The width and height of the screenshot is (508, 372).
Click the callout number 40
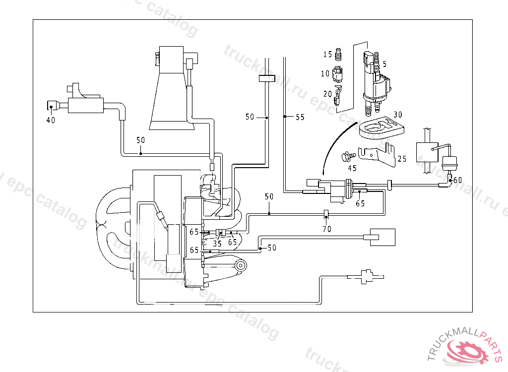pyautogui.click(x=51, y=120)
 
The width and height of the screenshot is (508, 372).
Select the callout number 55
pyautogui.click(x=300, y=117)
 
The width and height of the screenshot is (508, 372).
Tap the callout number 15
pyautogui.click(x=328, y=54)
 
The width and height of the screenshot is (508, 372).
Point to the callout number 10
pyautogui.click(x=325, y=73)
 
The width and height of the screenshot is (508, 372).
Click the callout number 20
pyautogui.click(x=327, y=94)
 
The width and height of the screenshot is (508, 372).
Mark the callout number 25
pyautogui.click(x=402, y=159)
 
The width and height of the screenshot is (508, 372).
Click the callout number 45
pyautogui.click(x=352, y=168)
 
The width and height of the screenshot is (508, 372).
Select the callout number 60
pyautogui.click(x=457, y=180)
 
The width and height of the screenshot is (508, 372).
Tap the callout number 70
pyautogui.click(x=327, y=229)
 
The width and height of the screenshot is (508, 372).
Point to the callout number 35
pyautogui.click(x=217, y=244)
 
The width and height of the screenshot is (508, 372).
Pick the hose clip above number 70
pyautogui.click(x=326, y=214)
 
